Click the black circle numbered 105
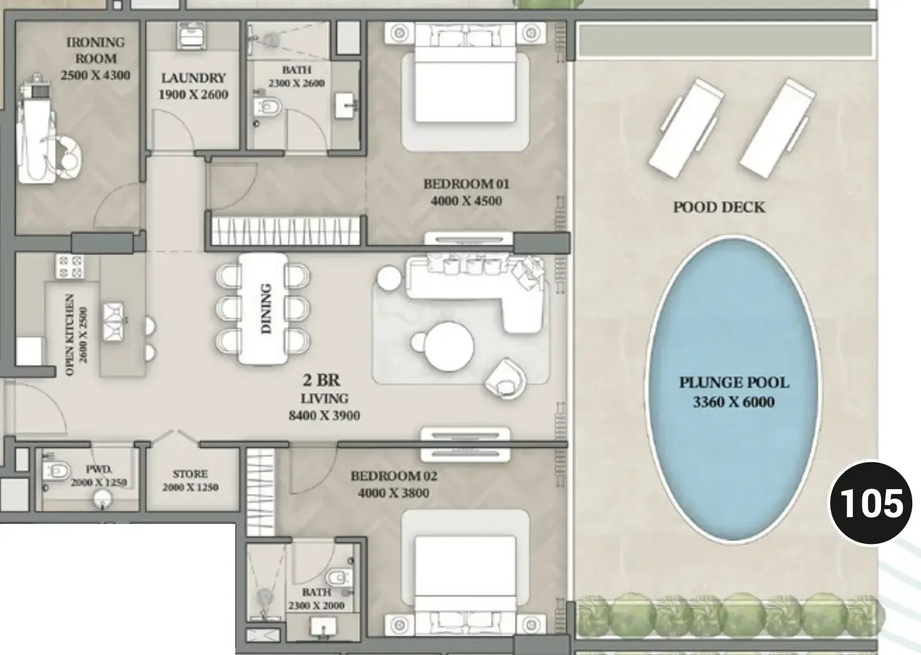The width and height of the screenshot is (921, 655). click(x=871, y=503)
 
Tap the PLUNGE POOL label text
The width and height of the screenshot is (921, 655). click(x=734, y=382)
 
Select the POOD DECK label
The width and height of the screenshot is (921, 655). click(x=719, y=207)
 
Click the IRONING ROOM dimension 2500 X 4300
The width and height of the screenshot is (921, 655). click(x=95, y=75)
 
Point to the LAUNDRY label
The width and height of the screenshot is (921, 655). click(x=193, y=78)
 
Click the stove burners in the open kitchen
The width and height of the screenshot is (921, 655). click(x=70, y=266)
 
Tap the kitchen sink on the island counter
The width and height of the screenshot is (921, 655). click(x=113, y=322)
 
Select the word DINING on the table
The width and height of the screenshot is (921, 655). click(x=266, y=308)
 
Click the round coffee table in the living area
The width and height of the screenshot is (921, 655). click(x=449, y=346)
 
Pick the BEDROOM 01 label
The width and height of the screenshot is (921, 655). click(x=466, y=184)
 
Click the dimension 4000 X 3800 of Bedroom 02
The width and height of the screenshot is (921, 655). click(x=394, y=493)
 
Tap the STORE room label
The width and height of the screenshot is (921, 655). click(x=190, y=473)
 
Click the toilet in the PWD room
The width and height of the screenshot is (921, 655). click(x=57, y=470)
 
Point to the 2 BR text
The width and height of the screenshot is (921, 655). click(x=321, y=380)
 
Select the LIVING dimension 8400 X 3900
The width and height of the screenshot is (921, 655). click(x=324, y=415)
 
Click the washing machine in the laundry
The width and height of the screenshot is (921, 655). click(x=192, y=36)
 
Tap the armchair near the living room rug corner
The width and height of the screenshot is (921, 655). click(x=505, y=379)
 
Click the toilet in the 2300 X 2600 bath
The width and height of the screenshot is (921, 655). click(x=268, y=107)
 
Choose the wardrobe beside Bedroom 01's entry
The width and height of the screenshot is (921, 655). click(x=286, y=231)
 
